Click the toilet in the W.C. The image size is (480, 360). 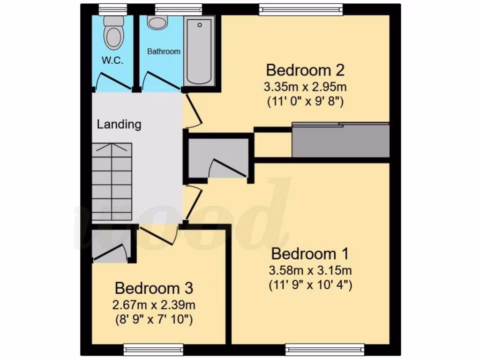tap(114, 34)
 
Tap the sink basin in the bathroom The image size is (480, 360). tap(157, 22)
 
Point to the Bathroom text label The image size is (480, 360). tap(164, 52)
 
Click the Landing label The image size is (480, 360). tap(119, 124)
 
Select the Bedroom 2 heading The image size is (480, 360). tap(305, 70)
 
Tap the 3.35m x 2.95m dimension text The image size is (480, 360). tap(305, 87)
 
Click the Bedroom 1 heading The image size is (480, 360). tap(310, 254)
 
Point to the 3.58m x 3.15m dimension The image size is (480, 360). tap(310, 270)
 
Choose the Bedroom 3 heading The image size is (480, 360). tap(154, 288)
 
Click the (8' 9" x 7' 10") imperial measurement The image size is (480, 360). tap(154, 320)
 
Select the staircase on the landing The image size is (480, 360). tap(112, 183)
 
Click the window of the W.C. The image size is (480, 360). tap(112, 8)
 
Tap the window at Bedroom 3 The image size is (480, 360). tap(153, 348)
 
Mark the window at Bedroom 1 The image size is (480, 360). tap(325, 348)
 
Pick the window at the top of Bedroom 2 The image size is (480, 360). tap(300, 8)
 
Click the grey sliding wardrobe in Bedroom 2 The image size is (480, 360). tap(341, 141)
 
